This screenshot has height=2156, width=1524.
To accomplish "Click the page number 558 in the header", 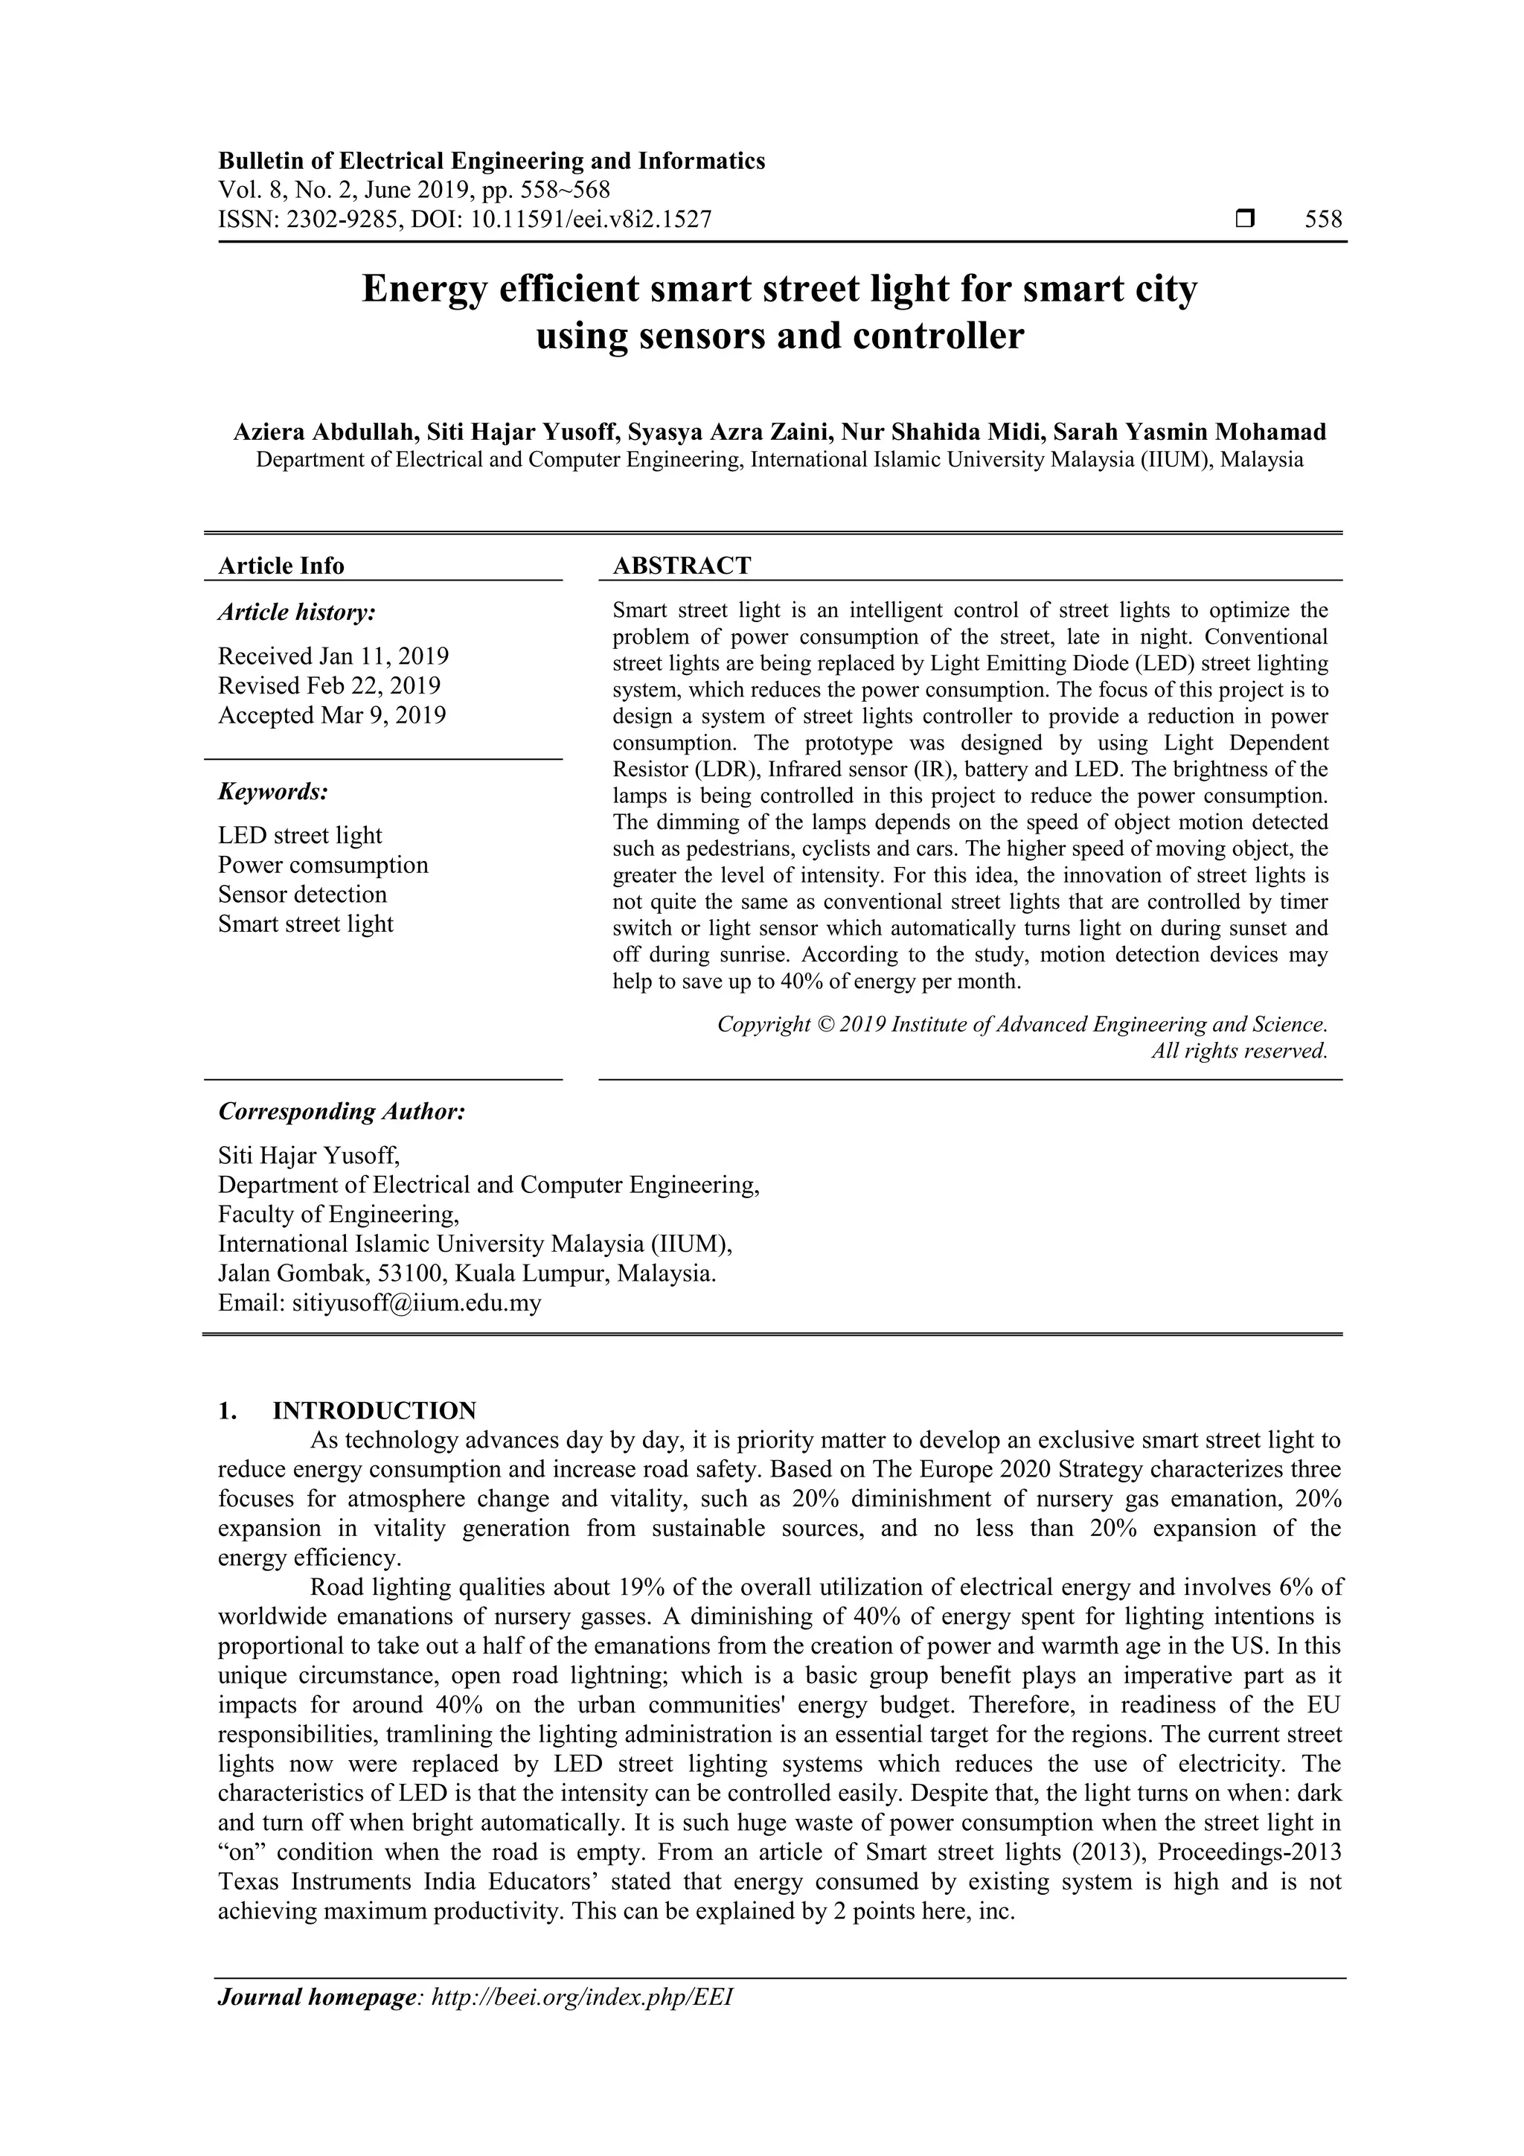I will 1323,220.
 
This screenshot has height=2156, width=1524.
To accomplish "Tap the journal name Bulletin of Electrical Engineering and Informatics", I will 491,161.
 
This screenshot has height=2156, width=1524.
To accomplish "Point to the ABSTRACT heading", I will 682,566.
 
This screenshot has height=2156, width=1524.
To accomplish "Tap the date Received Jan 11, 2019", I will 333,656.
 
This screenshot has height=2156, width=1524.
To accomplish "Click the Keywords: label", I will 273,792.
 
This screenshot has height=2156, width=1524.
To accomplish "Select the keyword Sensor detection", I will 302,894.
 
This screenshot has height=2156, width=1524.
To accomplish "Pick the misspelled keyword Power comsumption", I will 323,865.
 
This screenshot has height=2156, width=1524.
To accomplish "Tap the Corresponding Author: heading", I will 342,1112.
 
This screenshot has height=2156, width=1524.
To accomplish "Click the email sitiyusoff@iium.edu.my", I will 416,1303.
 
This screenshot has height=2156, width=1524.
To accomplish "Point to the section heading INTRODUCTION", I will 374,1410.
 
